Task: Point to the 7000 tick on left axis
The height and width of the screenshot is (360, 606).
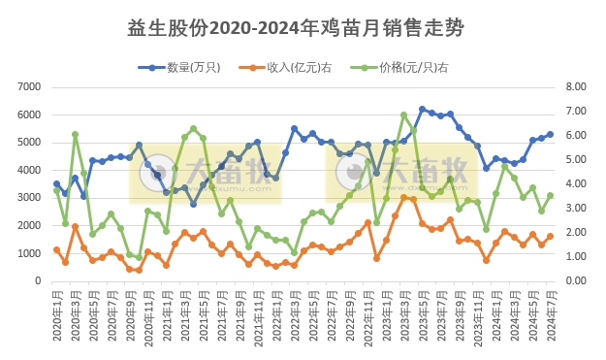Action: [25, 87]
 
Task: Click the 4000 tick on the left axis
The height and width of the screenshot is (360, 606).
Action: [25, 171]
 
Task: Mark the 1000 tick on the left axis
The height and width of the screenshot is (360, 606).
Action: [25, 254]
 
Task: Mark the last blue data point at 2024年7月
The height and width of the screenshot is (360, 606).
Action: [550, 134]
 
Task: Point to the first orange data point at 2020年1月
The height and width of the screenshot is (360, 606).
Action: [56, 249]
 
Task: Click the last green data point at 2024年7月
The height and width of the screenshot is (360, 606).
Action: [550, 195]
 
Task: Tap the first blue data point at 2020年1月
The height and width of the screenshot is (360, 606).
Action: [56, 183]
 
